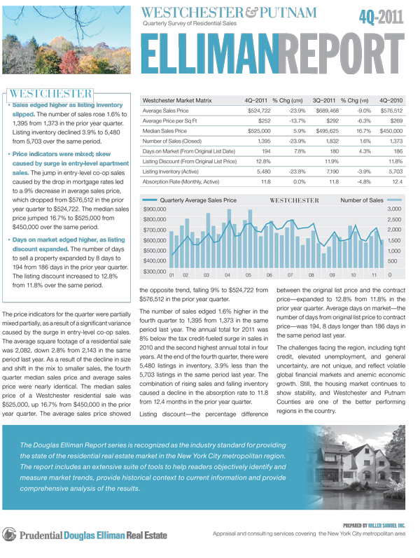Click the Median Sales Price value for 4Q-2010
tap(390, 130)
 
